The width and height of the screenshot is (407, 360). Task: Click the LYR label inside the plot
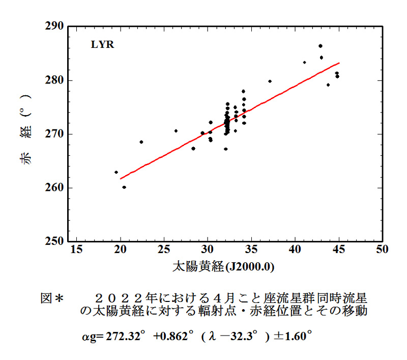coord(102,45)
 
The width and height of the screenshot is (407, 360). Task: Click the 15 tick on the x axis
coord(77,249)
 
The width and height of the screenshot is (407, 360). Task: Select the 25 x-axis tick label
coord(164,249)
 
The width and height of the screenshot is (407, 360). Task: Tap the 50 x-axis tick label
coord(382,249)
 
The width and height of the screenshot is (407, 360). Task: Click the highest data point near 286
coord(321,46)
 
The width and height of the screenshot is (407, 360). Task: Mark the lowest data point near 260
coord(124,187)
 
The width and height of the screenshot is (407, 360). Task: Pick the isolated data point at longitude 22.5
coord(141,142)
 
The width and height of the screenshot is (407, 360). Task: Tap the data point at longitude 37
coord(270,81)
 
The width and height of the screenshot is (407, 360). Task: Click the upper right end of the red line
coord(339,63)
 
